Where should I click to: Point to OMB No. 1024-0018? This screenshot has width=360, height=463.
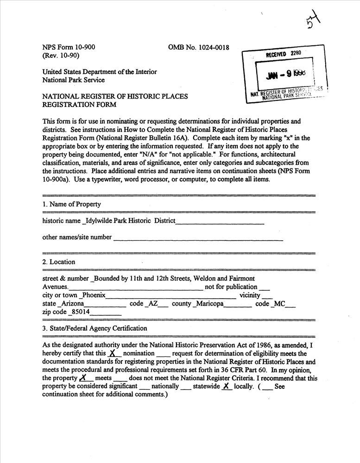point(199,47)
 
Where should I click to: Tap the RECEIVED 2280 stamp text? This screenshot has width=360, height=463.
point(284,54)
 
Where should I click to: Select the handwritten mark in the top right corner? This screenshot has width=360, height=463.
point(313,20)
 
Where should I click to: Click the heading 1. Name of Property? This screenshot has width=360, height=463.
point(71,204)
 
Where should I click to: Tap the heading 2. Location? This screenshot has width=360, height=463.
point(58,262)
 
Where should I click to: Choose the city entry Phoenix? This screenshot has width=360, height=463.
point(94,295)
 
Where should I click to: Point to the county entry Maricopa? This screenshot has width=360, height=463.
point(209,304)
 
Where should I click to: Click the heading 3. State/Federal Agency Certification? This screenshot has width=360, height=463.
point(95,328)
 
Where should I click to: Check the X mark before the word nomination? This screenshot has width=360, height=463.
point(112,353)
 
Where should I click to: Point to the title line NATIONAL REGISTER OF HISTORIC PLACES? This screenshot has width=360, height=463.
point(115,96)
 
